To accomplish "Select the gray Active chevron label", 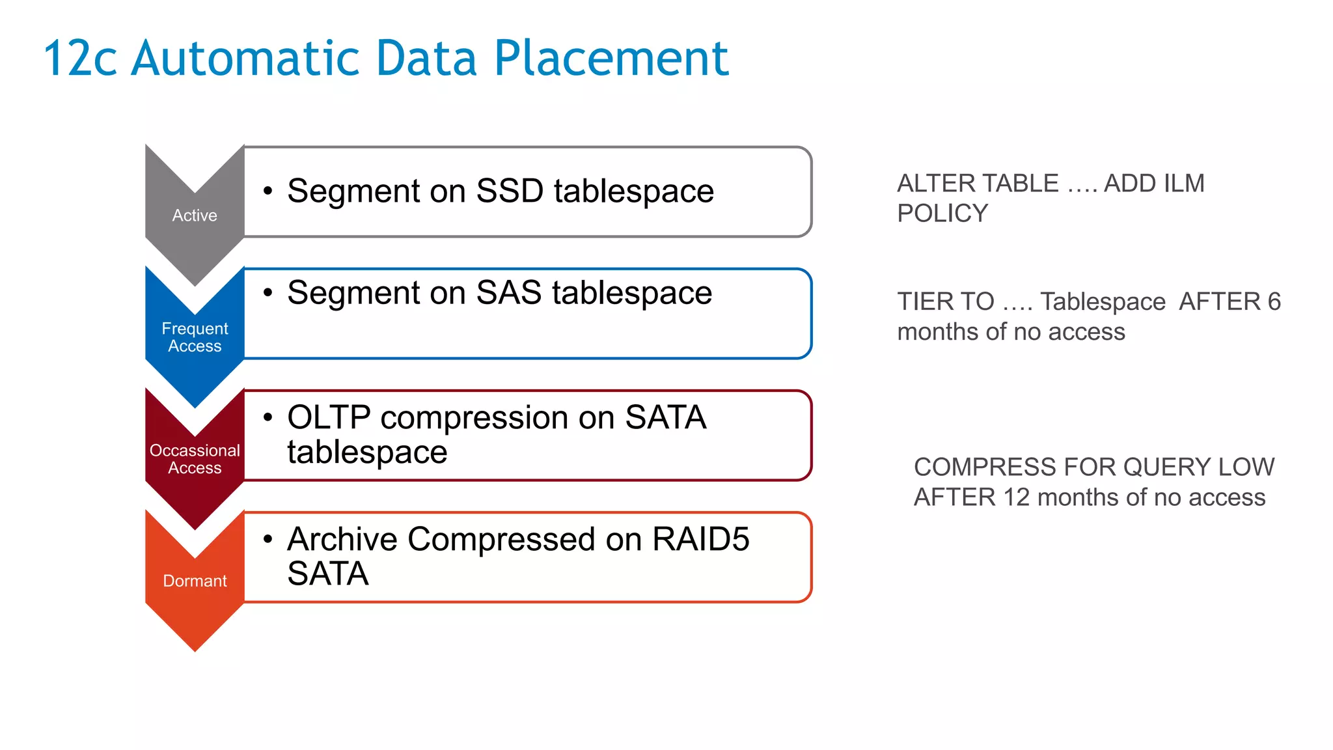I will tap(195, 215).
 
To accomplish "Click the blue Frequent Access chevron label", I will tap(195, 337).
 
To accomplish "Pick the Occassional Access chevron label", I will tap(195, 459).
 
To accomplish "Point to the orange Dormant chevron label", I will tap(195, 581).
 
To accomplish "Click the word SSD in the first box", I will tap(510, 191).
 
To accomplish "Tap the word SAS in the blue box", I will tap(508, 292).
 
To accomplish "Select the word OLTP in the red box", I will tap(329, 417).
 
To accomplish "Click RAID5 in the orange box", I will tap(700, 539).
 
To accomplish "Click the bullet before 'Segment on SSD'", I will tap(268, 191).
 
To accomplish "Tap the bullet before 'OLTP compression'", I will tap(268, 417).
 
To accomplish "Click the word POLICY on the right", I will tap(942, 214).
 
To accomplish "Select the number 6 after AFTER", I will tap(1274, 301).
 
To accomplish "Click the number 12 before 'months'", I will tap(1016, 497).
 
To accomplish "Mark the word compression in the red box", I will tap(497, 417).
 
